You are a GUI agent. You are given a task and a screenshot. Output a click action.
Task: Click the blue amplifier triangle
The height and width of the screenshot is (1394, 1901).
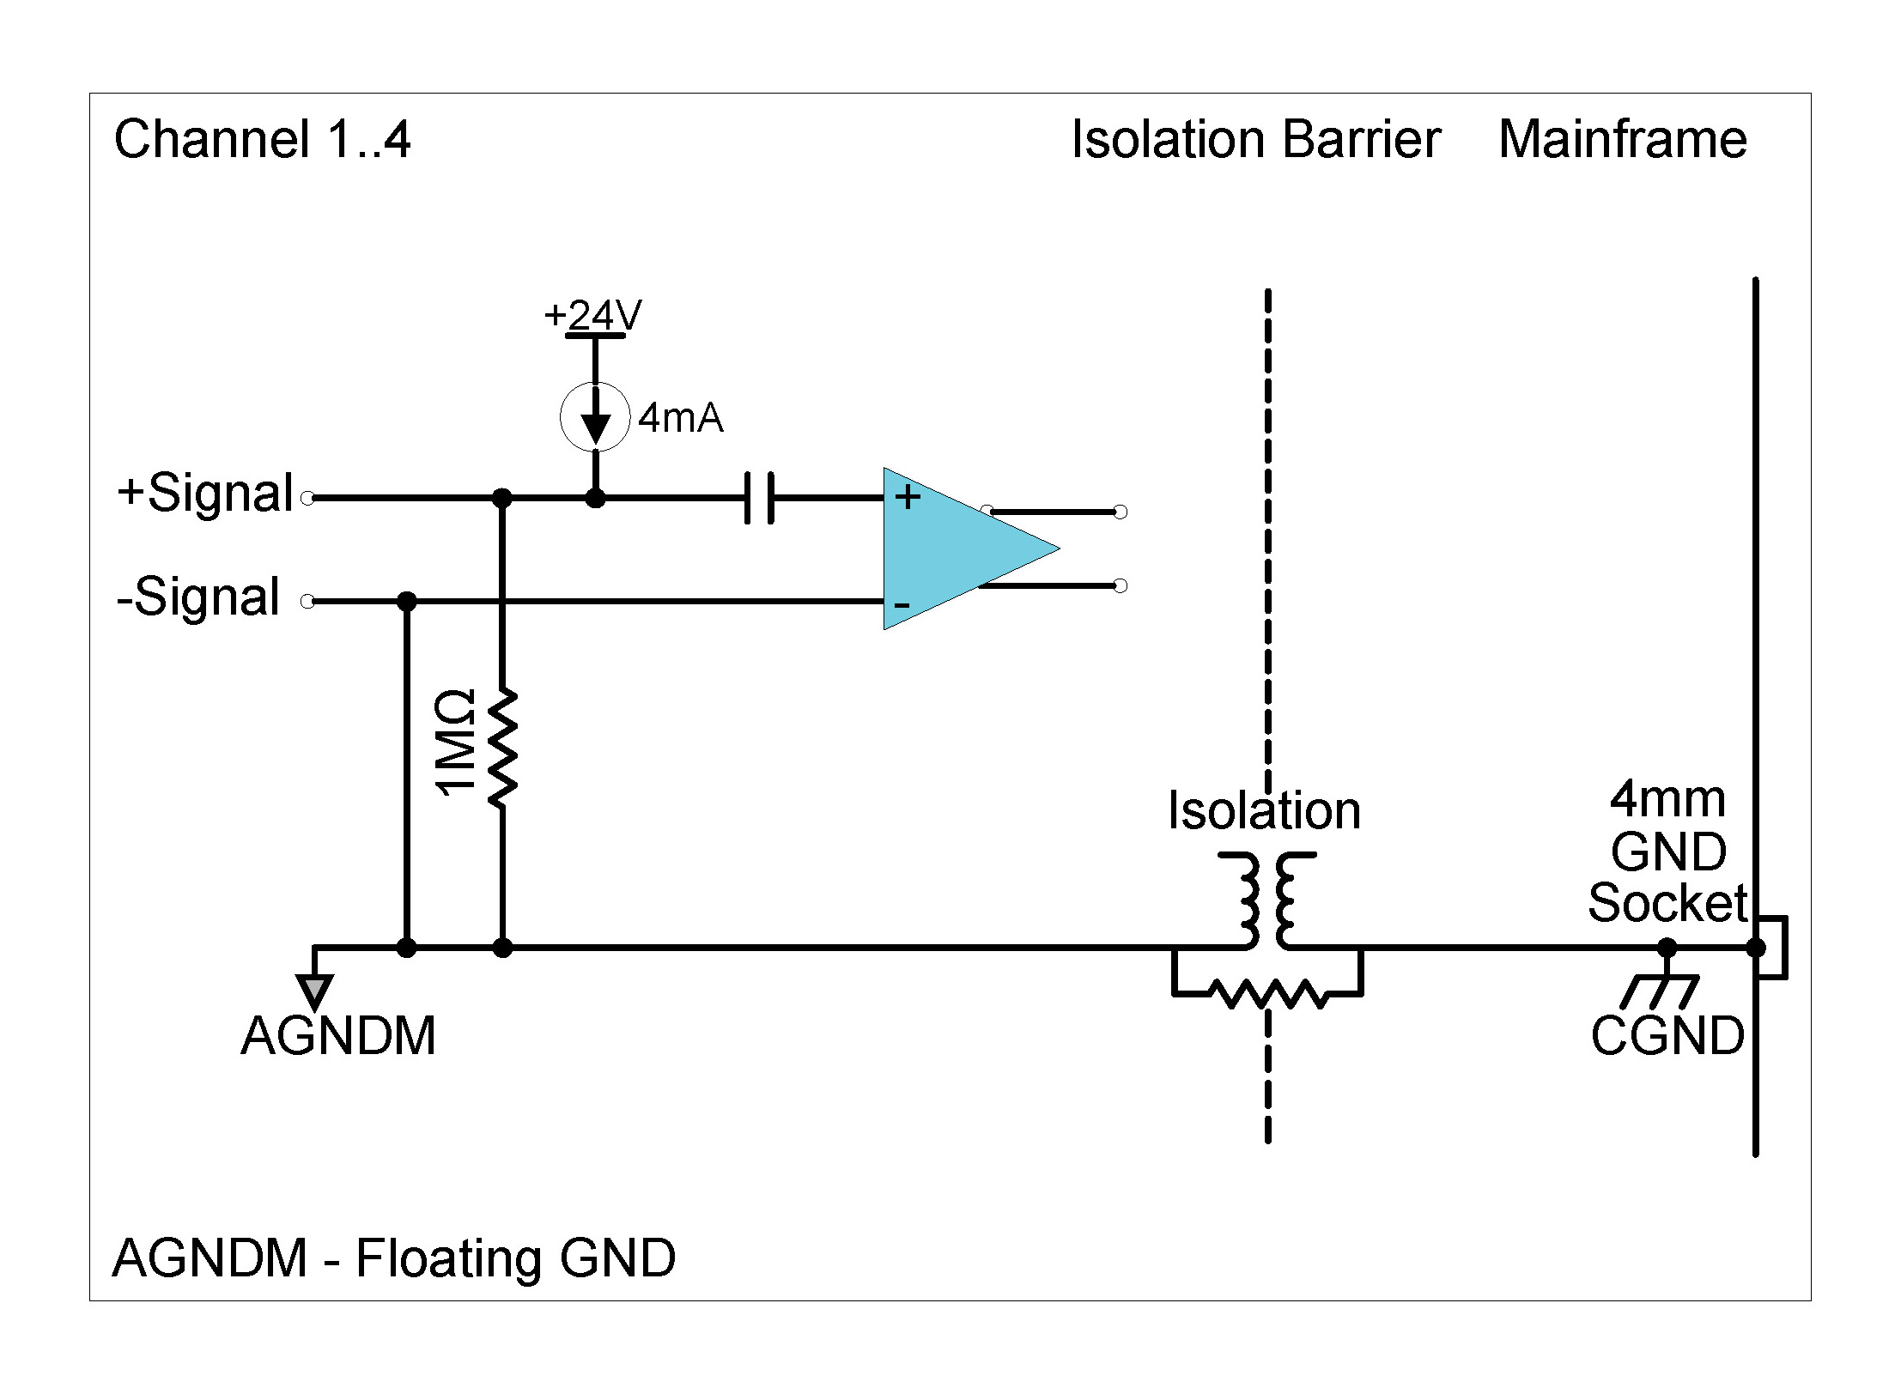(953, 549)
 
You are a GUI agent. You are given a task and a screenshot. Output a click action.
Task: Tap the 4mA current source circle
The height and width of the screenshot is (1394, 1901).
(595, 417)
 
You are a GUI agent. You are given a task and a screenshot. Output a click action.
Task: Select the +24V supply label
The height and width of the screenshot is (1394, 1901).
(593, 315)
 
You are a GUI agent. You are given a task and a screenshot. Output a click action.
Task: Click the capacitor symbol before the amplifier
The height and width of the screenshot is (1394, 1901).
(759, 497)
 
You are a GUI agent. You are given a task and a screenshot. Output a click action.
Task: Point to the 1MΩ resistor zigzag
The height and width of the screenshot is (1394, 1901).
(502, 748)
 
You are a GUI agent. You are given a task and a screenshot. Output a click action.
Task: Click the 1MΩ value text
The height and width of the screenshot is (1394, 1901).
(456, 743)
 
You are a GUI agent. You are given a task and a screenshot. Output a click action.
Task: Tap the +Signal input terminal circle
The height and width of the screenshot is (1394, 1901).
(307, 497)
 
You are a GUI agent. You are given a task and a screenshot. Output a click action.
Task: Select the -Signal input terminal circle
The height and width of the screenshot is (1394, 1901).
(307, 601)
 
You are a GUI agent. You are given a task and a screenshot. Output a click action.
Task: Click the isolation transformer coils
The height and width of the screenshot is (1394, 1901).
(1266, 899)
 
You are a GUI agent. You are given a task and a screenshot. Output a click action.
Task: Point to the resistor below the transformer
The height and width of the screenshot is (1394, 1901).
(1267, 995)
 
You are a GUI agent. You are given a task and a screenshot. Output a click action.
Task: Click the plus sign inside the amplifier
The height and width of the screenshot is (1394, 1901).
(908, 496)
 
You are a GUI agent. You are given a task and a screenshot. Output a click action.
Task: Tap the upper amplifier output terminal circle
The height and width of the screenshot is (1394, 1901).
(1120, 512)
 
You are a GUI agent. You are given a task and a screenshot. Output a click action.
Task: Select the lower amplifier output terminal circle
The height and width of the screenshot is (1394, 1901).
(1120, 585)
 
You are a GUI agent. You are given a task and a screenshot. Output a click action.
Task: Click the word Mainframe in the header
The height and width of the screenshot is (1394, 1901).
(1622, 139)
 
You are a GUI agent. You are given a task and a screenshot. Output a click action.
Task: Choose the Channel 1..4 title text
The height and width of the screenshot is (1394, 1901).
(262, 139)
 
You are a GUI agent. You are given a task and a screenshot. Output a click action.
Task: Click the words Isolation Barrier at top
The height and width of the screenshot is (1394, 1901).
(1255, 139)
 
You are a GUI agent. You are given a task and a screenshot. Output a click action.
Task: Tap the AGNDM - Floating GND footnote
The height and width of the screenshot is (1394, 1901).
(393, 1258)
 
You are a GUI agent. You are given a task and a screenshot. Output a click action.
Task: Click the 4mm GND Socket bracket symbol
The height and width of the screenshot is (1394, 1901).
(1774, 948)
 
